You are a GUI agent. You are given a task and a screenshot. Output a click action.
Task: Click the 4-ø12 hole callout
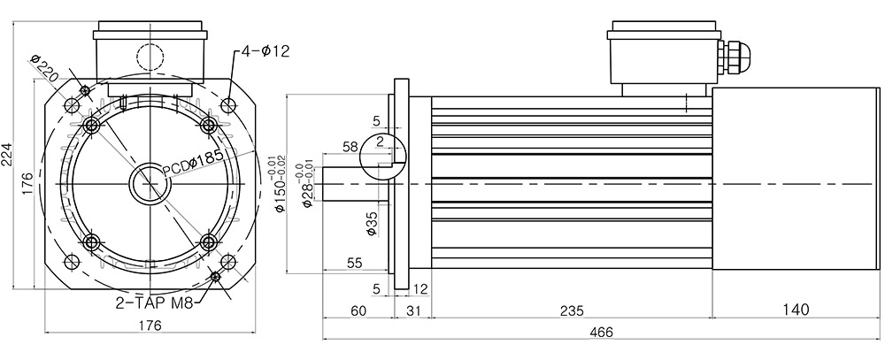point(265,51)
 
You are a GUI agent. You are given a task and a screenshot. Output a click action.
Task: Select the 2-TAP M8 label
point(155,303)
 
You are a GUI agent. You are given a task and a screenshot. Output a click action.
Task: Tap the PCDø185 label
point(192,165)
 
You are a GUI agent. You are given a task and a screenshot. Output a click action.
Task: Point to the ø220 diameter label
point(44,68)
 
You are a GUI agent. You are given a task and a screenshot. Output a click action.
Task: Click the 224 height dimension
point(7,153)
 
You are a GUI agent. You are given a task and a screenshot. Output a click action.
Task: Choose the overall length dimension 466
point(601,333)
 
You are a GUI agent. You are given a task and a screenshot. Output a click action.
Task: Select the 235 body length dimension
point(572,310)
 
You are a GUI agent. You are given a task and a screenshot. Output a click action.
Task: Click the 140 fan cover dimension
point(796,310)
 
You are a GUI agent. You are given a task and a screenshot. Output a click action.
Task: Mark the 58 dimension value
point(350,147)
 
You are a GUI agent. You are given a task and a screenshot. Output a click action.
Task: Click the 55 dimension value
point(355,263)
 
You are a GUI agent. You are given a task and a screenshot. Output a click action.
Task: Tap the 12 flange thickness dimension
point(420,289)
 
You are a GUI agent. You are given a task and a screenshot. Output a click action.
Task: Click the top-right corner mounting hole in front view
point(228,105)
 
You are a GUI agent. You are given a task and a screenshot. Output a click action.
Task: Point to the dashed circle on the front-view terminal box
point(150,57)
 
